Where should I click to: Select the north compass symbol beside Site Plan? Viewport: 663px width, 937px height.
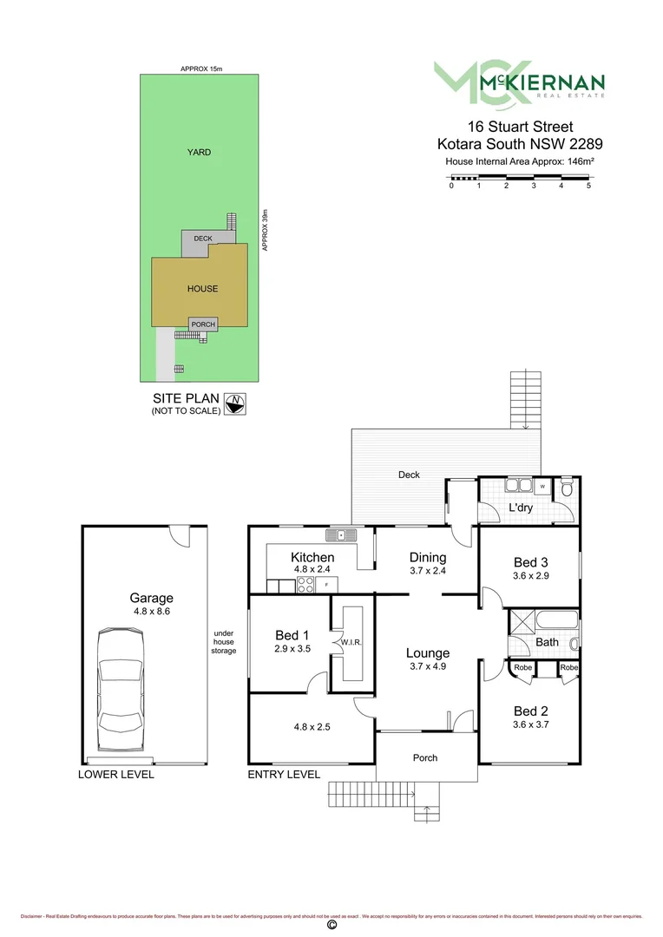(x=234, y=403)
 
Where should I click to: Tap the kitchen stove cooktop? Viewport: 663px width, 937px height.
(x=305, y=584)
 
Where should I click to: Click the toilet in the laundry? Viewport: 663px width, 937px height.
(x=566, y=489)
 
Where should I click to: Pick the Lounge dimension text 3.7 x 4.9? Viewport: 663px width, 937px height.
(x=426, y=666)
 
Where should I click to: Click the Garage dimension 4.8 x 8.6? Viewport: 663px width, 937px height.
(x=151, y=612)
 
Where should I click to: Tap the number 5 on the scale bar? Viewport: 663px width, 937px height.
(x=588, y=186)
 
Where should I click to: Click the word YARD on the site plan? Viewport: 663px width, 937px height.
(x=199, y=153)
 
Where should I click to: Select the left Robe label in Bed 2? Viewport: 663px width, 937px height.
(x=522, y=668)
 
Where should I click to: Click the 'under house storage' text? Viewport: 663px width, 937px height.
(x=224, y=641)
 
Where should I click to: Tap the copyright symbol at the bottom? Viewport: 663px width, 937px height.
(x=331, y=926)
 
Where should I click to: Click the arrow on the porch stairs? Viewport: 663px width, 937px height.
(x=425, y=812)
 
